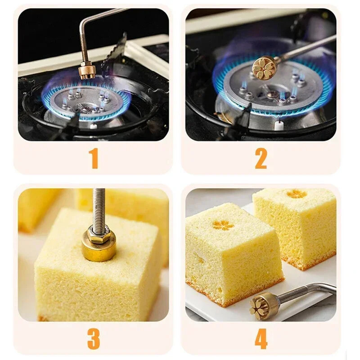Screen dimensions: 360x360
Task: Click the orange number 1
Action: click(x=94, y=158)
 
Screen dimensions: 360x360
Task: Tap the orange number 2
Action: click(x=261, y=158)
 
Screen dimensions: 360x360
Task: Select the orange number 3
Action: click(x=94, y=339)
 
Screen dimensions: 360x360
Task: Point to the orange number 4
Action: click(x=261, y=339)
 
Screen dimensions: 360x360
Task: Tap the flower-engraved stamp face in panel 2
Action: click(x=263, y=67)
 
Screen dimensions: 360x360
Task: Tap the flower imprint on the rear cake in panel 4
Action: click(x=297, y=194)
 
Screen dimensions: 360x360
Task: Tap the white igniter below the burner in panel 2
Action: click(x=279, y=125)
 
